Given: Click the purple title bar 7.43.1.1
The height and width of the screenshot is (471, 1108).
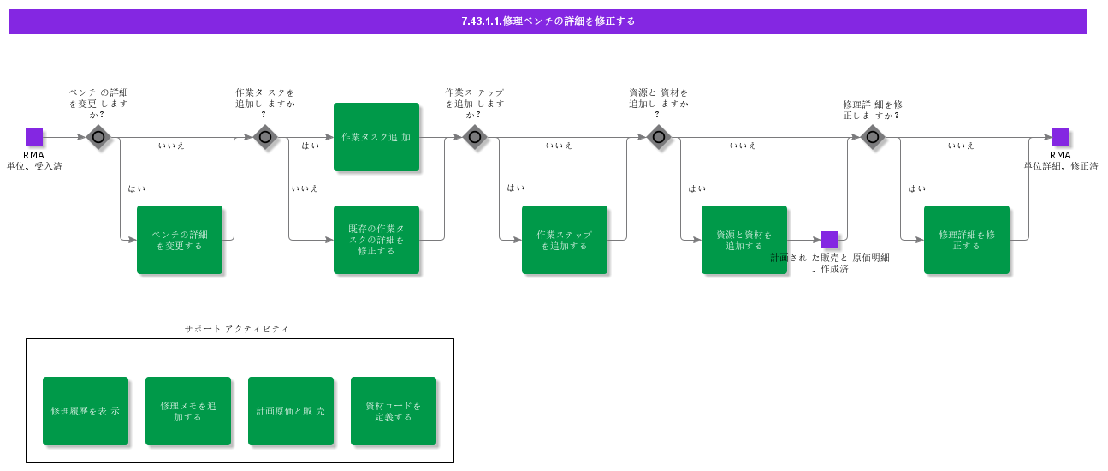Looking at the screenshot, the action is point(547,21).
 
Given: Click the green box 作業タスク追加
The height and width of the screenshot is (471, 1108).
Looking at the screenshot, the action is point(376,137).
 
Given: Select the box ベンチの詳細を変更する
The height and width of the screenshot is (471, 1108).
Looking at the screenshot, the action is point(180,240).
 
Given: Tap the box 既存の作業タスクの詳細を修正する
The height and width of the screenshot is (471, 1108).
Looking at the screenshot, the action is point(376,240).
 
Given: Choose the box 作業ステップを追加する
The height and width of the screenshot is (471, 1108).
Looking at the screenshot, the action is point(565,240).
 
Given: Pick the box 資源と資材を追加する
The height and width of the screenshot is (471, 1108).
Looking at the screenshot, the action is point(744,240).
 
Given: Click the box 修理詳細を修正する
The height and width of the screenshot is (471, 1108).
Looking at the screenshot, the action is point(967,240).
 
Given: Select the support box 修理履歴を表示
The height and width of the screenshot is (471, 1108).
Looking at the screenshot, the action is point(86,411).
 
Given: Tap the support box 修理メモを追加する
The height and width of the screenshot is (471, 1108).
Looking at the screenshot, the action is point(188,411).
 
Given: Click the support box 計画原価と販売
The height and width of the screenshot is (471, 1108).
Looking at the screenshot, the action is point(291,411).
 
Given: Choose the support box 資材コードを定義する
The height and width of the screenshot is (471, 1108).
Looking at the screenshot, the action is point(394,411).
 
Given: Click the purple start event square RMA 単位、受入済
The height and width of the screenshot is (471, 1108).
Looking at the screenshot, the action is point(34,137).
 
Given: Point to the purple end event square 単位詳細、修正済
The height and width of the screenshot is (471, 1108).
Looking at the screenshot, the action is point(1061,137).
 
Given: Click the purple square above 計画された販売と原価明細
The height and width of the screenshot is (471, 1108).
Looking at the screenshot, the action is point(830,240).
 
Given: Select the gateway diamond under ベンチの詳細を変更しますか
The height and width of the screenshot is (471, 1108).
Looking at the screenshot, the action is point(98,137).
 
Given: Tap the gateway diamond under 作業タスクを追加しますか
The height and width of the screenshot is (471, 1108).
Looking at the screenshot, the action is point(265,137).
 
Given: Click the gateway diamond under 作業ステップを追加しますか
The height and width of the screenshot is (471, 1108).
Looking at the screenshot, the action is point(475,137).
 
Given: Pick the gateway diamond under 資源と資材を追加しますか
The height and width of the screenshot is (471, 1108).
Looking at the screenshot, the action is point(659,137).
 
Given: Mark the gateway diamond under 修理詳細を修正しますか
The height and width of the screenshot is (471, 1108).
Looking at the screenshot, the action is point(873,137).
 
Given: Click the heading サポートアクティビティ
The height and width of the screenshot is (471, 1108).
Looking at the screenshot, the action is point(236,329).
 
